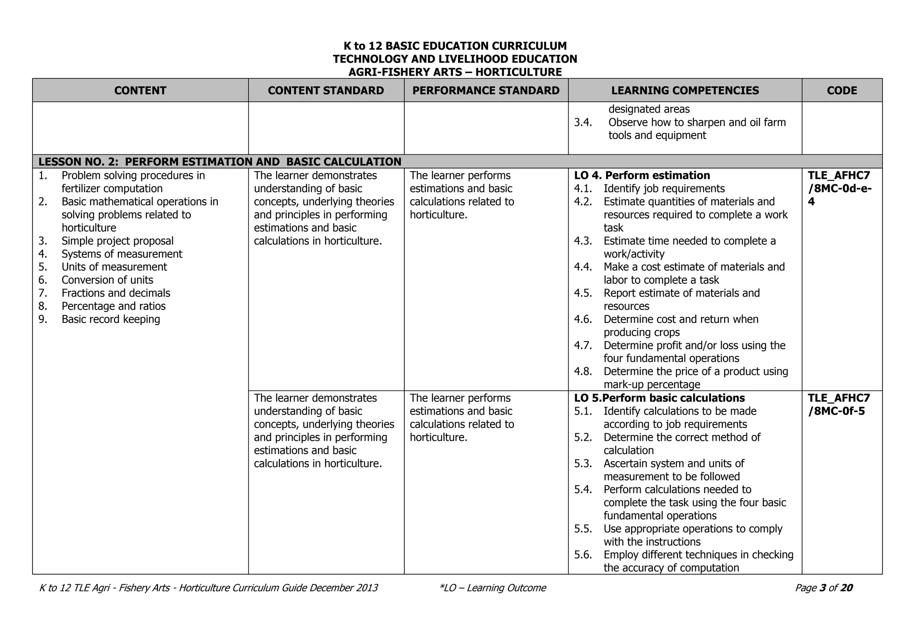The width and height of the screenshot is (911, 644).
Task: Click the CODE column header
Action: (842, 90)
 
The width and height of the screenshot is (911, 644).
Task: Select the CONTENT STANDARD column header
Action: (326, 90)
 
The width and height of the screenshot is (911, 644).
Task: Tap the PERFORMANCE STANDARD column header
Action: (486, 90)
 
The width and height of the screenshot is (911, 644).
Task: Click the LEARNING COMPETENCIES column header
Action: (685, 90)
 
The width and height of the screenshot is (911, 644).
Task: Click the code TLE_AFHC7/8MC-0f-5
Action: (838, 404)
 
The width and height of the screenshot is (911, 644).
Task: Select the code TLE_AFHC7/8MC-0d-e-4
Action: (839, 188)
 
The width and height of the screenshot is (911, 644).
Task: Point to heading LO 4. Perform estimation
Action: (642, 175)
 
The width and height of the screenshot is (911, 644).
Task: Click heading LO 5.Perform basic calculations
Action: (659, 398)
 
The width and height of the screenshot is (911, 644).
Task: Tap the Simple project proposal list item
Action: (117, 241)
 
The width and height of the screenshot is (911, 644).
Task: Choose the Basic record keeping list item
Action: (111, 319)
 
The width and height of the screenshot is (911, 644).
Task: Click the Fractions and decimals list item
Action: (116, 293)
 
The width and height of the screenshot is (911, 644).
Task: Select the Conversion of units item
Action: (107, 280)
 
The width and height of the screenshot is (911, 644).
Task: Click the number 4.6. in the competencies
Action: (583, 319)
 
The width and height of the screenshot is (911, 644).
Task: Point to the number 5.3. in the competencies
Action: (583, 463)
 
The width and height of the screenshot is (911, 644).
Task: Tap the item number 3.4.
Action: (583, 122)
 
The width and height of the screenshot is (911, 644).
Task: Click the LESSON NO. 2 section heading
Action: (220, 161)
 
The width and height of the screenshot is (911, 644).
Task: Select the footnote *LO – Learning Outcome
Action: (492, 588)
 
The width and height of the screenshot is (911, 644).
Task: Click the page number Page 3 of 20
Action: (823, 588)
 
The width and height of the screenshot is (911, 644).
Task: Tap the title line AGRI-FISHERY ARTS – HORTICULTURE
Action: (455, 72)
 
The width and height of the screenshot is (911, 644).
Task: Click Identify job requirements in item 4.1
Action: (664, 189)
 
